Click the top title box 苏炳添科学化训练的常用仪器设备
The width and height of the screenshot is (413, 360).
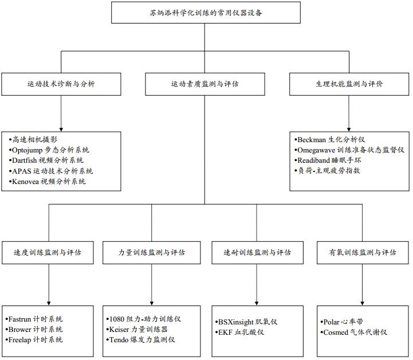[205, 13]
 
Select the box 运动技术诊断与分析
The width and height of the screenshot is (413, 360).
[61, 84]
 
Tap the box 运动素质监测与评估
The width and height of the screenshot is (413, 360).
[204, 84]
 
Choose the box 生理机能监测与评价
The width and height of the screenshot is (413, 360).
[349, 84]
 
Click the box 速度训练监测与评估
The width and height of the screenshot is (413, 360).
[48, 252]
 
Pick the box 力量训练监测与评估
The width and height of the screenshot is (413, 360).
[152, 252]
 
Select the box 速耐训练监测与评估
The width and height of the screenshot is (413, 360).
[257, 252]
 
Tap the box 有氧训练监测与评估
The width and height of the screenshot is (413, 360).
[362, 252]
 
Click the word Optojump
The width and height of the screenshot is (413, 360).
[29, 150]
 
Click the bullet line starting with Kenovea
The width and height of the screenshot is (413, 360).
[49, 182]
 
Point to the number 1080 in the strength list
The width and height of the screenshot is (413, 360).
[116, 319]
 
